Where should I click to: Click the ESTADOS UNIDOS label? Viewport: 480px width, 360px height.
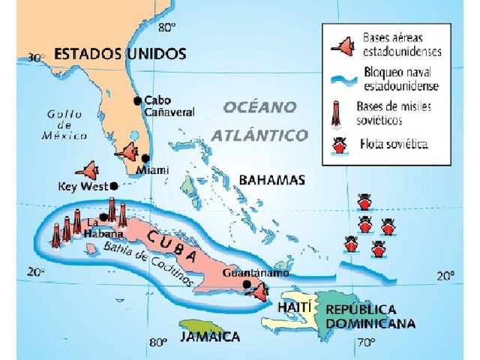click(x=120, y=55)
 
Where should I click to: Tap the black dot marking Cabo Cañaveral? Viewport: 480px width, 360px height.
click(x=137, y=100)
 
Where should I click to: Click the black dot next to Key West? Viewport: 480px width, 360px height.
click(x=113, y=186)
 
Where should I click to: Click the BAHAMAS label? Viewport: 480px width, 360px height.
click(x=271, y=180)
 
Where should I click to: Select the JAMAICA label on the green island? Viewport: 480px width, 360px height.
click(x=210, y=337)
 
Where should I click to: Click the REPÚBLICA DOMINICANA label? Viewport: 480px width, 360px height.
click(x=370, y=316)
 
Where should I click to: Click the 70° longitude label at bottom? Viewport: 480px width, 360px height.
click(x=365, y=343)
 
